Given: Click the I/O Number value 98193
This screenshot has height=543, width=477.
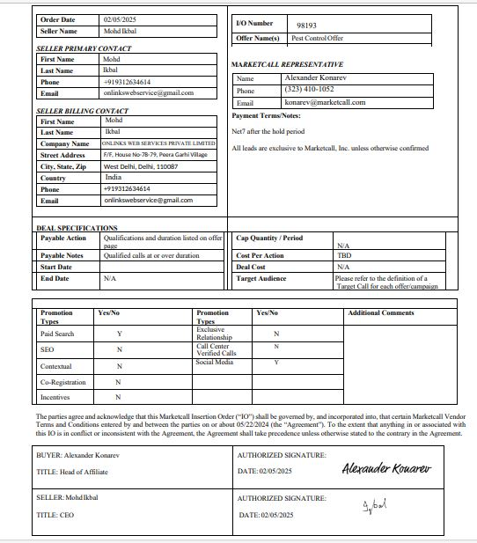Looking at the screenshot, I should [x=307, y=26].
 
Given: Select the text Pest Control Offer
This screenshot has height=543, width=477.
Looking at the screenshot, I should [x=317, y=39].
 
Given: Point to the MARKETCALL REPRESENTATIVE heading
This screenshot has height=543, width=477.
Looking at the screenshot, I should [x=287, y=65].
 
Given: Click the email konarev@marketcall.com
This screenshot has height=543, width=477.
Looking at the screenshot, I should [x=324, y=102].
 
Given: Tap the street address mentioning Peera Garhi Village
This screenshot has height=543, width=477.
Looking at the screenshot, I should [x=155, y=155].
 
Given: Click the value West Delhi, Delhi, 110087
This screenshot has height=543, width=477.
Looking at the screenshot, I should [x=141, y=166].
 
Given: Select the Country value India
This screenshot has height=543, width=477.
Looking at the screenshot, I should [x=113, y=177].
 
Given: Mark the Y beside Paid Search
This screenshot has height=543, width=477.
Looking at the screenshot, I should [x=120, y=334].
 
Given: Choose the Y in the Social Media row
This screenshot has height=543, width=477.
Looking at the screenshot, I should [x=276, y=362].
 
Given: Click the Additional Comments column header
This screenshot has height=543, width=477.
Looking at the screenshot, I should [x=380, y=313].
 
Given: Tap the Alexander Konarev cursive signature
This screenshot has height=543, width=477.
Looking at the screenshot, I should [x=386, y=468].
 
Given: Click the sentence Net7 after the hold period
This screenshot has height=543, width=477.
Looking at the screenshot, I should [x=268, y=130].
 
